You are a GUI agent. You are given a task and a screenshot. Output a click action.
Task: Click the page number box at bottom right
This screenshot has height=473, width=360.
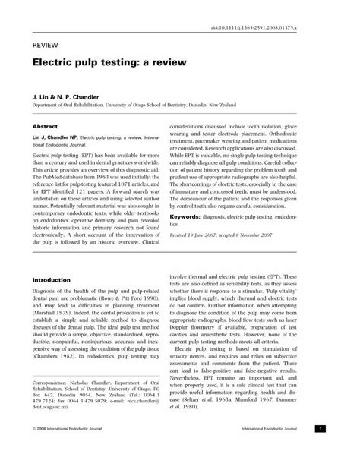pyautogui.click(x=342, y=450)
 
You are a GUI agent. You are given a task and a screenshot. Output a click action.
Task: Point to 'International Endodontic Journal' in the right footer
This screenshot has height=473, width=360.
pyautogui.click(x=291, y=451)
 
